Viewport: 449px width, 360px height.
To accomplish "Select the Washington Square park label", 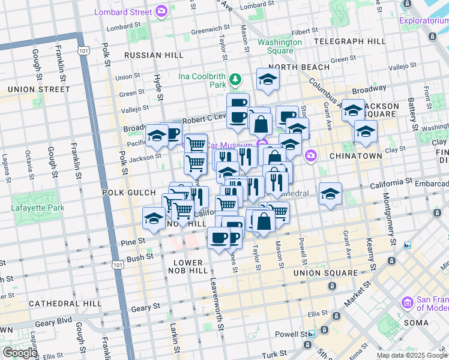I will click(x=280, y=46).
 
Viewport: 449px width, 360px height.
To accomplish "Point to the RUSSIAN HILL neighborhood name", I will click(x=154, y=55).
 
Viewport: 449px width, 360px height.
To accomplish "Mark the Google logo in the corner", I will click(x=19, y=353).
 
